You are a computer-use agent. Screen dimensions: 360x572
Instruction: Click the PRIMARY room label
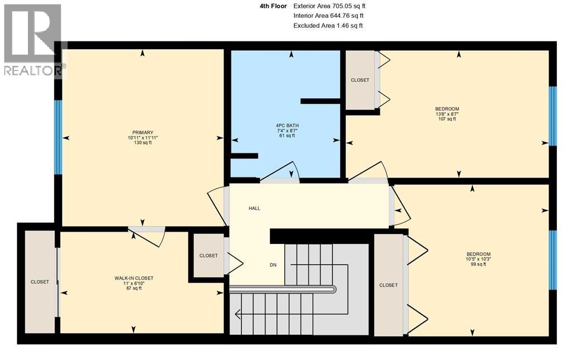coord(139,132)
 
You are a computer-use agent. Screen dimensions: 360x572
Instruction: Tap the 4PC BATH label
coord(287,124)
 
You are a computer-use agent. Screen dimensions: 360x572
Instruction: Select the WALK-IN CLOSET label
coord(134,278)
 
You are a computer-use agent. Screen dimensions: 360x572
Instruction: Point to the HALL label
coord(254,208)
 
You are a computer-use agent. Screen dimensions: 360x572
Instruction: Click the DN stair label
coord(273,265)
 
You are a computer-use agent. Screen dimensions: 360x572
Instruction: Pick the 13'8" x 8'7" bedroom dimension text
coord(447,114)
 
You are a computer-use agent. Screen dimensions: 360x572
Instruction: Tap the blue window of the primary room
coord(58,137)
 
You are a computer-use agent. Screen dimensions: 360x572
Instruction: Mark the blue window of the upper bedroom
coord(552,116)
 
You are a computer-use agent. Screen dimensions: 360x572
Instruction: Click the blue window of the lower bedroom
coord(552,260)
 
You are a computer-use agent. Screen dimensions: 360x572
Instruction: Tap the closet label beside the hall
coord(208,256)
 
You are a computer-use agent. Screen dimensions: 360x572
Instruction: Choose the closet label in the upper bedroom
coord(360,80)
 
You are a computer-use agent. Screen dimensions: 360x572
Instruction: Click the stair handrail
coord(283,289)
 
